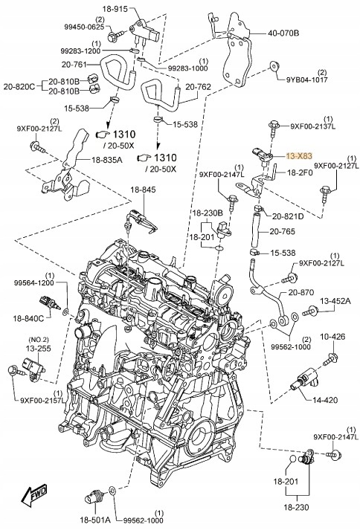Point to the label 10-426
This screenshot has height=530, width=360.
pyautogui.click(x=332, y=337)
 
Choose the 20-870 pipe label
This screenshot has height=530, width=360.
pyautogui.click(x=302, y=292)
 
